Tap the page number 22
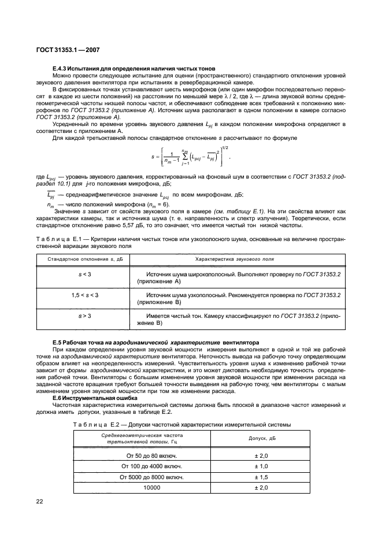tap(39, 502)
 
